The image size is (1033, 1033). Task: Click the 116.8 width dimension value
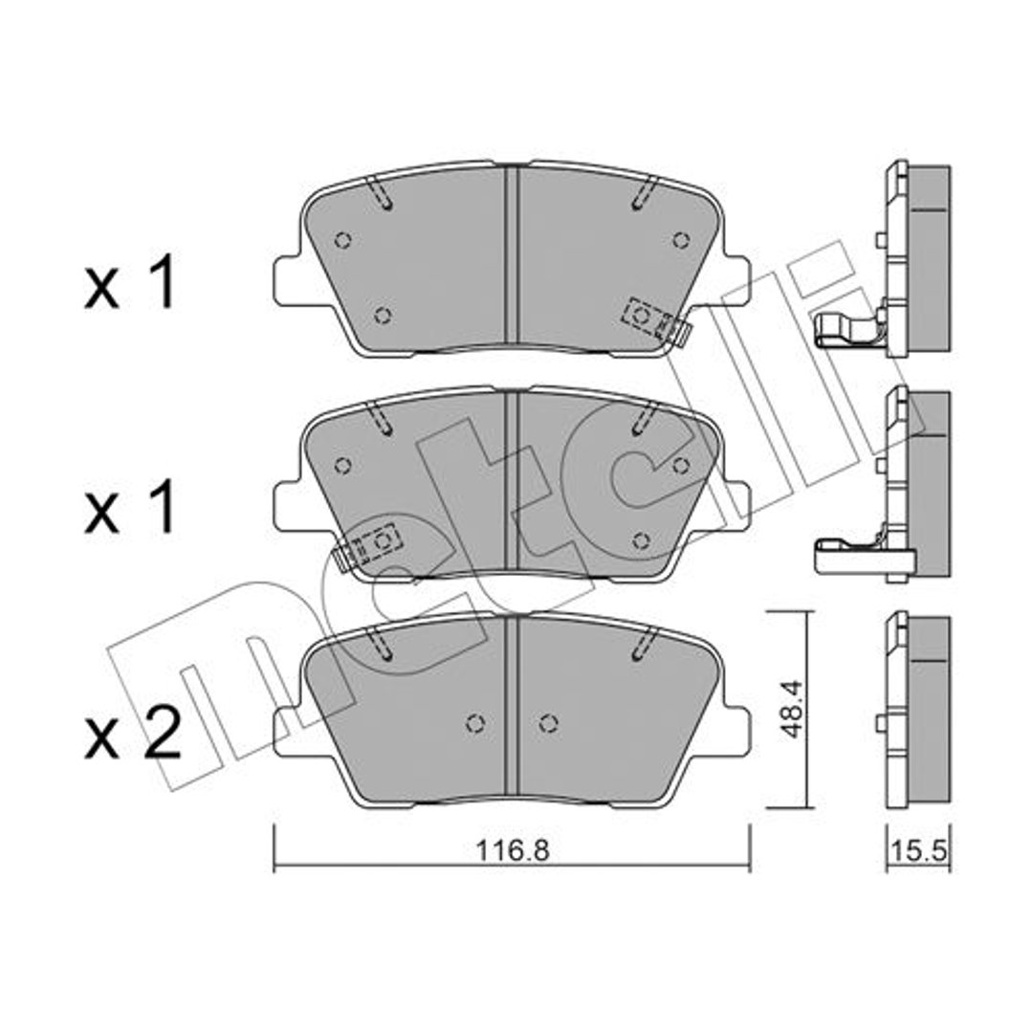pos(513,851)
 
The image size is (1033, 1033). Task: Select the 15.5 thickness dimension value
pos(918,851)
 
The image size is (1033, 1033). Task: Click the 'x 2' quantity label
pos(132,734)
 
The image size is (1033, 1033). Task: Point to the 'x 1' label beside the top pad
pos(130,283)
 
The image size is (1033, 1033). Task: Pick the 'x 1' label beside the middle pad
pos(130,506)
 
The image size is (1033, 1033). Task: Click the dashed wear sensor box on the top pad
pos(647,319)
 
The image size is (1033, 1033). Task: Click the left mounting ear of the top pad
pos(288,282)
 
